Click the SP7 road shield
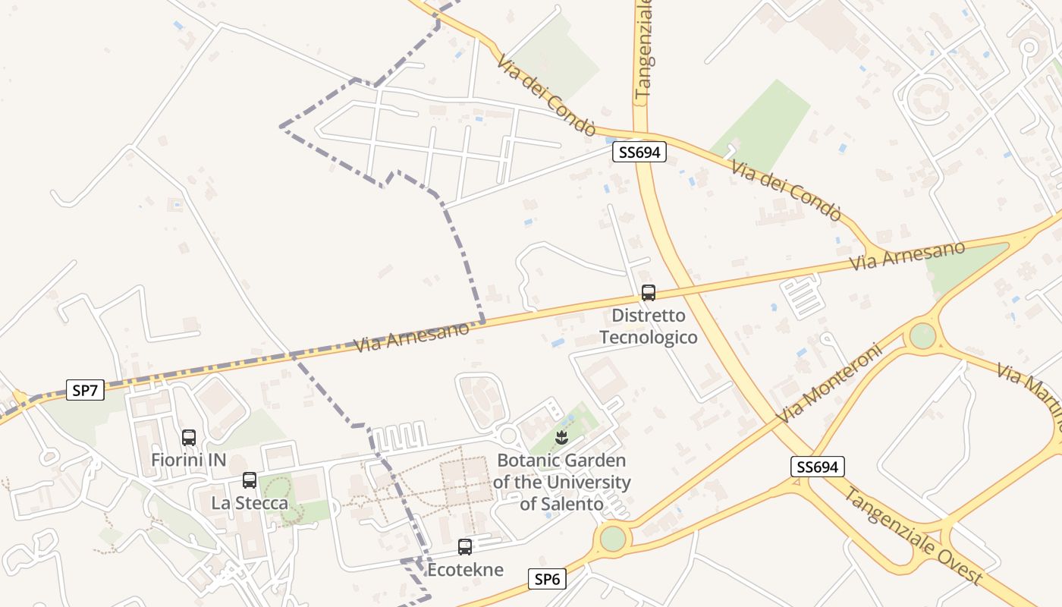point(85,391)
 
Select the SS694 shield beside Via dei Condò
point(639,153)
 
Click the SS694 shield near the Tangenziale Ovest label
point(817,467)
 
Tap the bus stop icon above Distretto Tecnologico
point(648,293)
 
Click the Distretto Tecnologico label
point(649,326)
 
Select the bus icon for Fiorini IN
point(189,438)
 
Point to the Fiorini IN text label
point(189,460)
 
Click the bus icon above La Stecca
point(249,480)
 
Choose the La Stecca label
point(250,502)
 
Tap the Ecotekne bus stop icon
point(465,547)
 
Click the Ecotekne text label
point(465,569)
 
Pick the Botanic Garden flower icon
point(561,438)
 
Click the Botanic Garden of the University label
point(561,482)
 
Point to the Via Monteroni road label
point(830,384)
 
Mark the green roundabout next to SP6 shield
point(613,539)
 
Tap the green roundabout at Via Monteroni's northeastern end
point(922,335)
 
